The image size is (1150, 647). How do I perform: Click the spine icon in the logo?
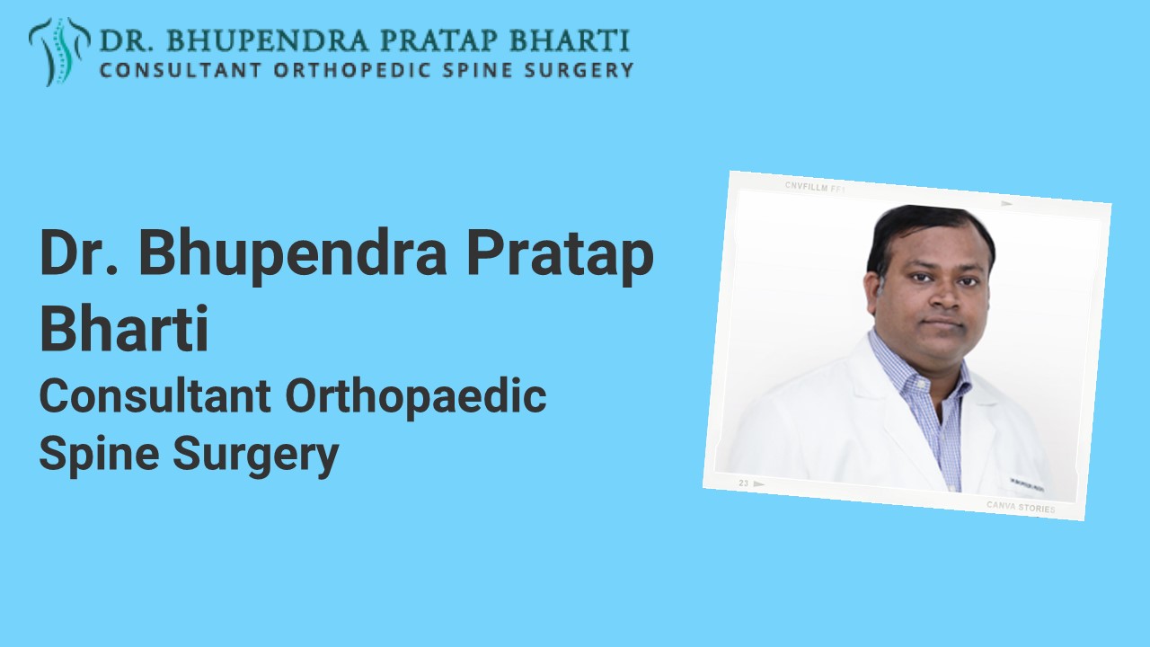(x=59, y=51)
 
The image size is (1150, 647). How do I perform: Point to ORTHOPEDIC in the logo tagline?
(x=331, y=70)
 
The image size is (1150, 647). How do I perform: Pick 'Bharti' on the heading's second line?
(x=124, y=329)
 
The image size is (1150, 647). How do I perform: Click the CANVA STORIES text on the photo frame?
(x=1021, y=507)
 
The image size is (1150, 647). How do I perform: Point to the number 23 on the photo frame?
(x=744, y=483)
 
